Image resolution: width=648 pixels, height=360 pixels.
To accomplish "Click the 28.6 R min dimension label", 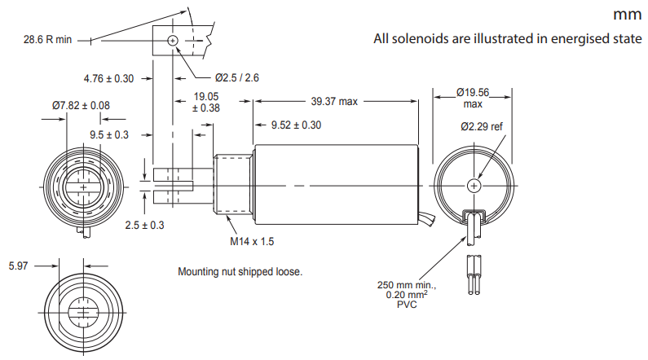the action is pos(47,40).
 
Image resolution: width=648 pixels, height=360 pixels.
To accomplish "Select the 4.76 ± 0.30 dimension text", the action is pos(108,78).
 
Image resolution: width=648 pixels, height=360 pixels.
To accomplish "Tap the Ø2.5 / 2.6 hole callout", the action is pos(237,77).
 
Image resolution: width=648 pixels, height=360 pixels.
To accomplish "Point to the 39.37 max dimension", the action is pos(334,102).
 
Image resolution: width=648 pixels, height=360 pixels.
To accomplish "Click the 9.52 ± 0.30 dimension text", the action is pos(296,125).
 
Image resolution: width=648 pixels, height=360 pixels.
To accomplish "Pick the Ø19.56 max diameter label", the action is pos(473,98).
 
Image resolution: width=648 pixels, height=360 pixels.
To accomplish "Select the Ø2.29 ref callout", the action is pos(482,126).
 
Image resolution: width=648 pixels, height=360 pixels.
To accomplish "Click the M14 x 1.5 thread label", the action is pos(252,242).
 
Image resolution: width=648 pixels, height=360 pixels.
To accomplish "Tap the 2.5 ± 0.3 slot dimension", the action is pos(144,225).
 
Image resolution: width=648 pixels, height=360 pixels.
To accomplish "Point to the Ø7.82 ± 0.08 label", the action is pos(81,106).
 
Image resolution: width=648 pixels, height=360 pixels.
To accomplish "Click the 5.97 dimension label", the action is pos(18,266).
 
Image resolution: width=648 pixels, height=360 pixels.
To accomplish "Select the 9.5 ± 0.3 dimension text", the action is pos(109,135).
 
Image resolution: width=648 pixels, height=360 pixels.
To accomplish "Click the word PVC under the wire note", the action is pos(407,305).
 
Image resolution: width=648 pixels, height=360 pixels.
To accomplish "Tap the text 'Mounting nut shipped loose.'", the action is pos(240,272).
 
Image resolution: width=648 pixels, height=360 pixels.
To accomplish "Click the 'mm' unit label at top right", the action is pos(628,15).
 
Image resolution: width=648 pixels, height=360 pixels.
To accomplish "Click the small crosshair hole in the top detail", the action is pos(173,41).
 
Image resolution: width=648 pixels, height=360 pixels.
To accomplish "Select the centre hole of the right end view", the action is pos(474,186).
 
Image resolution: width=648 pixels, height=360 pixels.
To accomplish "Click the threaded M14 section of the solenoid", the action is pos(233,185).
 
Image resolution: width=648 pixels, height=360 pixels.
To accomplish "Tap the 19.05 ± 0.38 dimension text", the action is pos(205,103).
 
